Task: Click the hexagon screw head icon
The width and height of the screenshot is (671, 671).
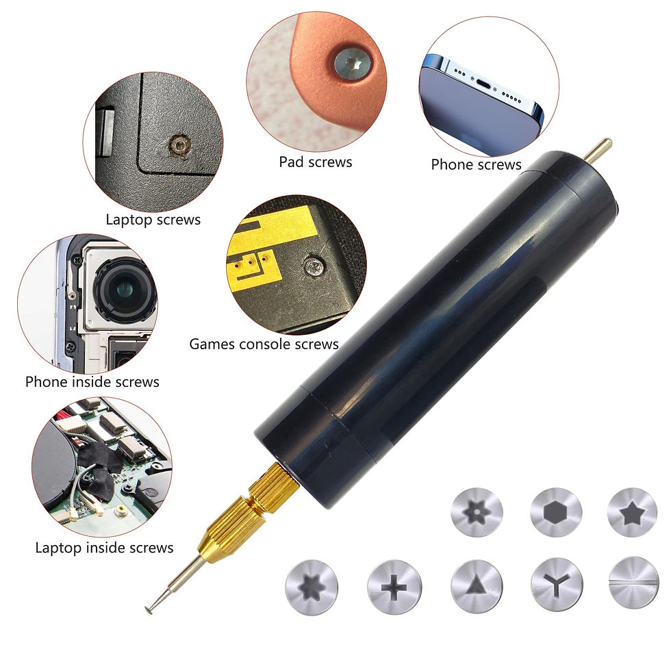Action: point(555,512)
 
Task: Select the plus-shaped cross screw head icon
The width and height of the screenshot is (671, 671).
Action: point(394,587)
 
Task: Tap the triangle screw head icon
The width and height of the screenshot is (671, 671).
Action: point(477,587)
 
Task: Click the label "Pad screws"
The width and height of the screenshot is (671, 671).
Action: point(316,162)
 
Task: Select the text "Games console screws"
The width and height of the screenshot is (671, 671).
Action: point(264,344)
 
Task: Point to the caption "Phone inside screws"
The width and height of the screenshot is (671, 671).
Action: point(92,381)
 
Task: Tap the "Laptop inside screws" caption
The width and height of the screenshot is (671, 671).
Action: point(104,548)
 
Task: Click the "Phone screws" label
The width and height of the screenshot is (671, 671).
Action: point(476,164)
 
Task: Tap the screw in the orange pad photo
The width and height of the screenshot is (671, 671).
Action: point(352,63)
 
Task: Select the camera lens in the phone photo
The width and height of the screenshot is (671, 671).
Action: point(124,290)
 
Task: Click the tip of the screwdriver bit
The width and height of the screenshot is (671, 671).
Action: point(149,609)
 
